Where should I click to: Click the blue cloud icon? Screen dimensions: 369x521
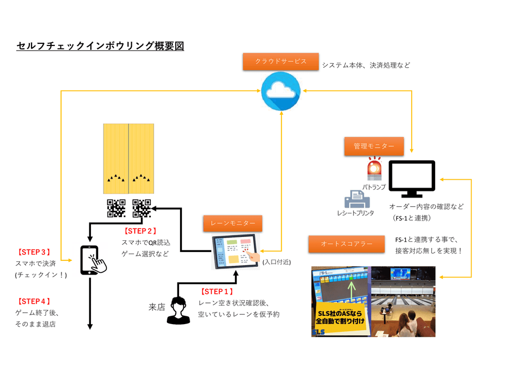pos(280,91)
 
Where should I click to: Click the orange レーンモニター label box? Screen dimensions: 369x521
pos(232,223)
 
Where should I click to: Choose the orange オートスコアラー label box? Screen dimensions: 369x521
pos(346,244)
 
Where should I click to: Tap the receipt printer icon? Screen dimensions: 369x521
pos(355,199)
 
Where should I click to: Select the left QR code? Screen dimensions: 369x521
pos(116,208)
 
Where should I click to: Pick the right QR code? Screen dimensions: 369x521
pos(141,208)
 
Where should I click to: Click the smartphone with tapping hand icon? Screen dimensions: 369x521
pos(93,260)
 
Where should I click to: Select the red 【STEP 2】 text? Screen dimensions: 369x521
pos(139,231)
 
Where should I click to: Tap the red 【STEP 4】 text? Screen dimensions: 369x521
pos(34,301)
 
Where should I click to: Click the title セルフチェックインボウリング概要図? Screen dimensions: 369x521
pos(100,47)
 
